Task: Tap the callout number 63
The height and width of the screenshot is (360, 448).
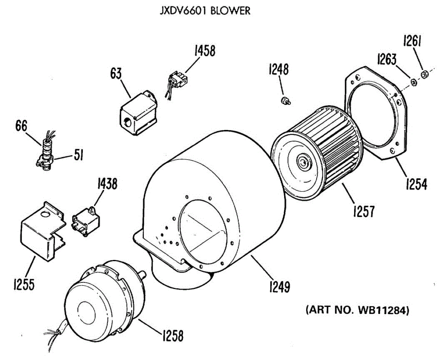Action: [x=116, y=74]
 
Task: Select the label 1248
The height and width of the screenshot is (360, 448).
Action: [x=278, y=69]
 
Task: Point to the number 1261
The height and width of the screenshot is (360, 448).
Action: [x=412, y=41]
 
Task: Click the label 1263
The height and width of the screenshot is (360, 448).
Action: [x=389, y=59]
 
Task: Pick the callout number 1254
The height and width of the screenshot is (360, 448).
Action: [x=415, y=184]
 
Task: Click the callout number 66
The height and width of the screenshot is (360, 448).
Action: [x=21, y=126]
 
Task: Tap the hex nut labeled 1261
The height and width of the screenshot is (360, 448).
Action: [x=424, y=75]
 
